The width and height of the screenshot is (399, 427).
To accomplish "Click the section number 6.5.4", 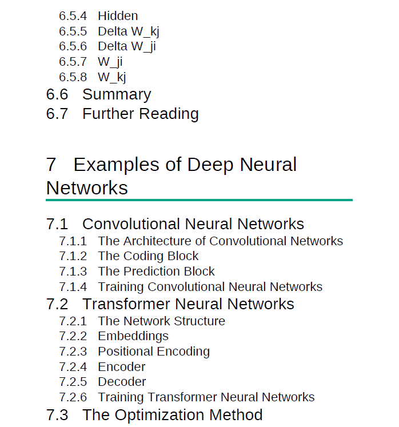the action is [73, 16].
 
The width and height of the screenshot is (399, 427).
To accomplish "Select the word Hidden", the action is [118, 16].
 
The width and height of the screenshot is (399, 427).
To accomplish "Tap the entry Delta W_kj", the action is [129, 31].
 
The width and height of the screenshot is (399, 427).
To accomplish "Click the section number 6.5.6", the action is [73, 46].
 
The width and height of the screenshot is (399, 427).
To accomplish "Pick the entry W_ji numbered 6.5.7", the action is [110, 62].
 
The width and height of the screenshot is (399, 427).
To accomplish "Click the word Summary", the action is [117, 95].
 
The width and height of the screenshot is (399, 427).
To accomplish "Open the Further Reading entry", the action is [141, 114].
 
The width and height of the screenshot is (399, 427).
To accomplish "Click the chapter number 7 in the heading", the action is [51, 165].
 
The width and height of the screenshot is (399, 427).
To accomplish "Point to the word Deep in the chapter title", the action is [210, 165].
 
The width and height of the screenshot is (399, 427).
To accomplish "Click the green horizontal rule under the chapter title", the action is [199, 200].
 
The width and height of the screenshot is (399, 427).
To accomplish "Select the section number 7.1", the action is [57, 224].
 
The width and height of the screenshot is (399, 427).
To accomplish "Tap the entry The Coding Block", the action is [148, 256].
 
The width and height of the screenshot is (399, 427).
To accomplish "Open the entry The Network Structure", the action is [162, 321].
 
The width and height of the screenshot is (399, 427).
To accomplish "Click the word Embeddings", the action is [133, 336].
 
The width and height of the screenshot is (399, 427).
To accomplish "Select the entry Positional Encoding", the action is [154, 352].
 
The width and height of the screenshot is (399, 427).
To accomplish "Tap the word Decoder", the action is [122, 382].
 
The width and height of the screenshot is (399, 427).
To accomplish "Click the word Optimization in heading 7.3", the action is [159, 416].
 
